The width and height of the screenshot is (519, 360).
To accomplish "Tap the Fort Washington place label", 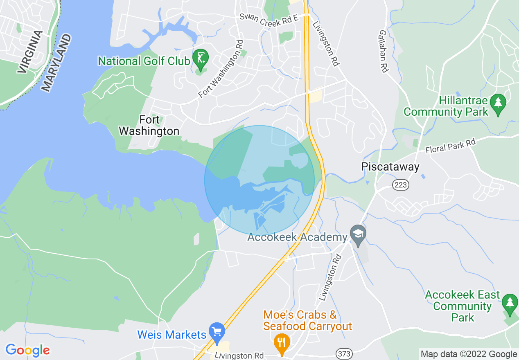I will click(149, 126).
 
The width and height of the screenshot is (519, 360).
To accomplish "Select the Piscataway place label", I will click(390, 167).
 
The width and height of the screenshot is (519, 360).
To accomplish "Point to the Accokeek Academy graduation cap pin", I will click(358, 235).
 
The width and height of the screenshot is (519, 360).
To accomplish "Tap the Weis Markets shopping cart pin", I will click(217, 331).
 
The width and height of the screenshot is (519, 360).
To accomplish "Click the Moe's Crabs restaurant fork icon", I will click(281, 341).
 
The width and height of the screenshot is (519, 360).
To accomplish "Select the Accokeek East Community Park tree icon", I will click(510, 303).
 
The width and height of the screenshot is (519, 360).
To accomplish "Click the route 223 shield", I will click(400, 185).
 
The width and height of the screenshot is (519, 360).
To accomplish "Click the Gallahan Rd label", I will click(383, 51).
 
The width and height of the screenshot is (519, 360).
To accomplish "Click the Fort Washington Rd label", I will click(221, 68).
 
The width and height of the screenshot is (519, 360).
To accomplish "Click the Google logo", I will click(27, 350).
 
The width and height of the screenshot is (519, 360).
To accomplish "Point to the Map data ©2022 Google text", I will click(469, 354).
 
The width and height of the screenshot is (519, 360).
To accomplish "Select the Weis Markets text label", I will click(171, 335).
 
